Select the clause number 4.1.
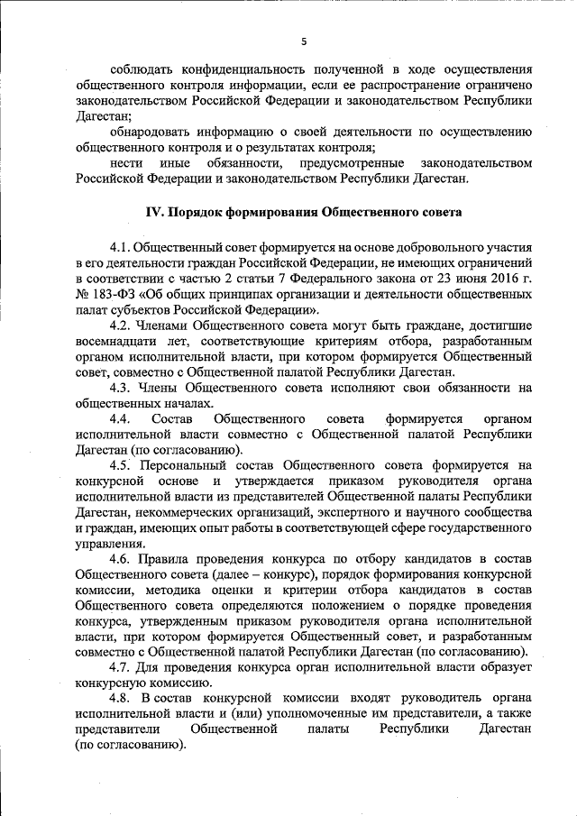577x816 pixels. tap(120, 247)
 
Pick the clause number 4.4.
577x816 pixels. tap(120, 419)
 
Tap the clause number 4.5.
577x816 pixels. tap(120, 466)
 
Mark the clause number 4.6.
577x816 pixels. tap(120, 559)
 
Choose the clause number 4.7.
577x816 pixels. tap(120, 667)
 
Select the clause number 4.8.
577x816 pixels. tap(120, 699)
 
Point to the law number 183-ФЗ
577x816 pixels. tap(110, 294)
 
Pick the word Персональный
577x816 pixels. tap(191, 466)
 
